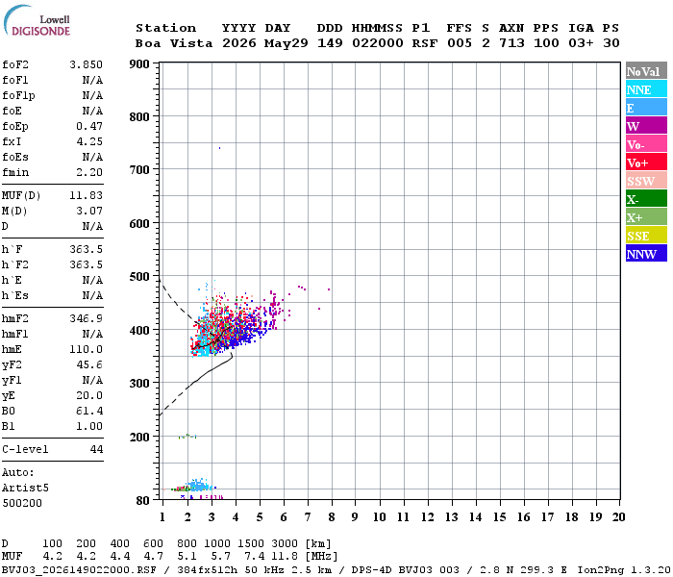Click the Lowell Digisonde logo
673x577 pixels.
[x=37, y=20]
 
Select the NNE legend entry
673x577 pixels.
[x=646, y=89]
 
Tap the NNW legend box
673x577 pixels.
[x=646, y=253]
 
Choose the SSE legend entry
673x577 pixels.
[x=646, y=236]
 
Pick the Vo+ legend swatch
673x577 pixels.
[x=646, y=163]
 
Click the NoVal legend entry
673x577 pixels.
[x=646, y=71]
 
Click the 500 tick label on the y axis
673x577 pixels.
[x=139, y=277]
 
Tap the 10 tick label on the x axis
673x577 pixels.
[x=379, y=516]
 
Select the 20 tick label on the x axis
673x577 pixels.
[x=618, y=516]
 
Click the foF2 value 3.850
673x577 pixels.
[x=87, y=64]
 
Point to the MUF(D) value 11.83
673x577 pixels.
[x=87, y=195]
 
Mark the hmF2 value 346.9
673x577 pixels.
[x=87, y=318]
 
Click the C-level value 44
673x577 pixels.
[x=96, y=449]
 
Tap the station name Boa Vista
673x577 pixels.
[x=174, y=43]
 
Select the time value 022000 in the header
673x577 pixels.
[x=378, y=43]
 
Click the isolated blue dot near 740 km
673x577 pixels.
[x=220, y=148]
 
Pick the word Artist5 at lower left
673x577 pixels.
[x=25, y=489]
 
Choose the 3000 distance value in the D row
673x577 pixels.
[x=285, y=543]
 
